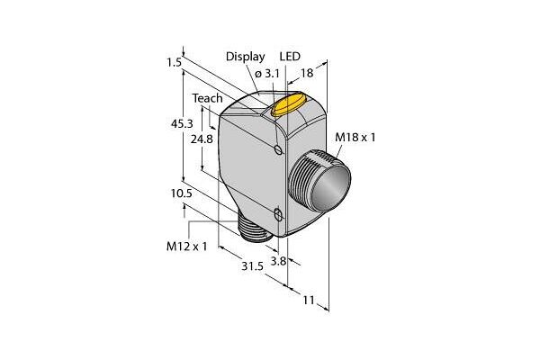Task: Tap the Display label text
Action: click(245, 57)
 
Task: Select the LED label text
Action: click(290, 56)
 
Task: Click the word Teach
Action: click(207, 98)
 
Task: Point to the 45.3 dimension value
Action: click(182, 123)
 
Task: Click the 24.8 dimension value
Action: click(202, 139)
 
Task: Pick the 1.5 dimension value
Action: click(174, 63)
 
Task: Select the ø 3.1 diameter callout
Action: click(267, 74)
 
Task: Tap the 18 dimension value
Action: click(307, 73)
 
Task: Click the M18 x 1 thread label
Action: click(355, 138)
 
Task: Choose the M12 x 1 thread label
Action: click(187, 247)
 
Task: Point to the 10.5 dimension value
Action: click(181, 193)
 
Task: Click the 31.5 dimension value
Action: click(252, 266)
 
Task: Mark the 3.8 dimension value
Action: click(278, 261)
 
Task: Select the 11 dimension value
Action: click(309, 300)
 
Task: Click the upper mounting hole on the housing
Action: click(278, 150)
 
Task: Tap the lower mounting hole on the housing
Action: click(278, 215)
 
